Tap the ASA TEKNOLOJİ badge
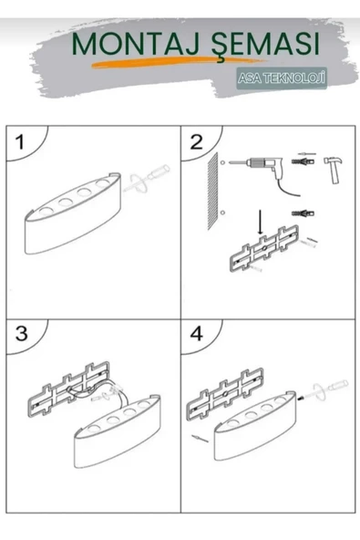pyautogui.click(x=282, y=78)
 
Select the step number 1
pyautogui.click(x=21, y=142)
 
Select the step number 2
pyautogui.click(x=197, y=142)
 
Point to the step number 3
pyautogui.click(x=21, y=333)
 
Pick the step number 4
pyautogui.click(x=197, y=333)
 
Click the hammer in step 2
pyautogui.click(x=334, y=170)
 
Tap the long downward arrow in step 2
pyautogui.click(x=260, y=223)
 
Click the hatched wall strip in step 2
pyautogui.click(x=213, y=191)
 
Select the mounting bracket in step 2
pyautogui.click(x=264, y=248)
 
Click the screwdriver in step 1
pyautogui.click(x=146, y=179)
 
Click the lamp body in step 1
pyautogui.click(x=73, y=213)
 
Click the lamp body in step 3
pyautogui.click(x=118, y=431)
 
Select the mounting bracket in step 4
pyautogui.click(x=224, y=393)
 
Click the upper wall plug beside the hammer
pyautogui.click(x=303, y=161)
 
